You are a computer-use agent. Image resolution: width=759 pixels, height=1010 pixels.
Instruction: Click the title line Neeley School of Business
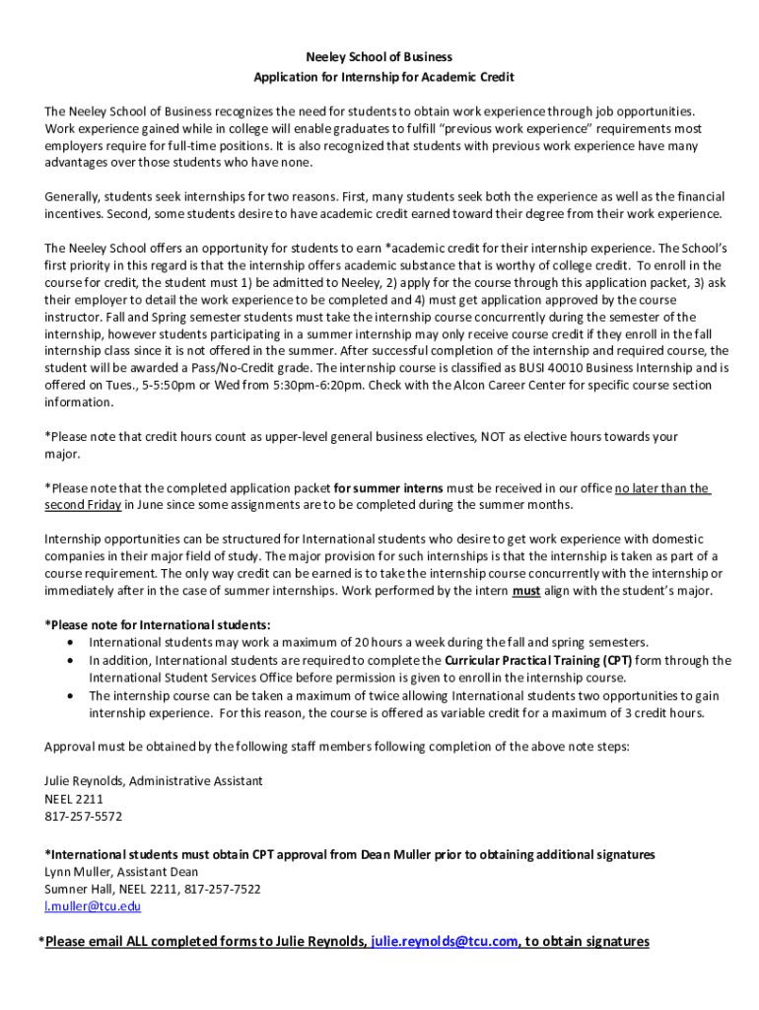[x=379, y=57]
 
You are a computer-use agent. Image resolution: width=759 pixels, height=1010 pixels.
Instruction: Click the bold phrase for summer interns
[x=388, y=487]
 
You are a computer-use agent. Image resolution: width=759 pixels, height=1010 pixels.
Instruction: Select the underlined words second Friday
[x=83, y=505]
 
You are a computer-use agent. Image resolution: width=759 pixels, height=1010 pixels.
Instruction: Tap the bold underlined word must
[x=525, y=591]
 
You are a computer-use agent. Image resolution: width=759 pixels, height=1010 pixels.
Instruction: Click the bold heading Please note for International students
[x=158, y=625]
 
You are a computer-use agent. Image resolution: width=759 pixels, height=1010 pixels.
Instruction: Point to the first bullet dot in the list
[x=69, y=642]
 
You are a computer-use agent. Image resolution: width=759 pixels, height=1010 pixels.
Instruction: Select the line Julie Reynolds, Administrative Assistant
[x=154, y=780]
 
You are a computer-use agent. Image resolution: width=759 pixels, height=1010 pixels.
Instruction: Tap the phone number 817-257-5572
[x=84, y=816]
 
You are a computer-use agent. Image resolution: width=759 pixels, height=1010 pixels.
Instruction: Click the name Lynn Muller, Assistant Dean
[x=121, y=871]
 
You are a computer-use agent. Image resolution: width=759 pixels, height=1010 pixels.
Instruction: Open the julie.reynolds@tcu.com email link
[x=445, y=941]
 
